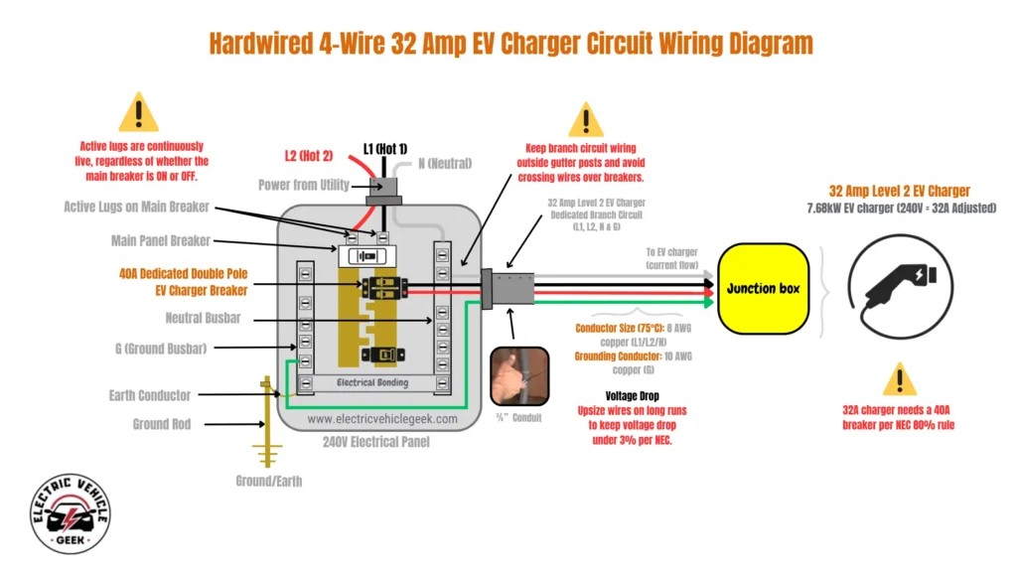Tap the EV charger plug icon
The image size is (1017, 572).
click(x=899, y=286)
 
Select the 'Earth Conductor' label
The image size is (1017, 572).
click(x=150, y=395)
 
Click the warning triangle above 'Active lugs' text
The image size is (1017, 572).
click(x=138, y=112)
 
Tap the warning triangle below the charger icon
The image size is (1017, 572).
click(x=900, y=378)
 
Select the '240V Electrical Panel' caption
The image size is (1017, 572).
click(x=375, y=442)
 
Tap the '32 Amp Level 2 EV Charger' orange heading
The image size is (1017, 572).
click(x=900, y=191)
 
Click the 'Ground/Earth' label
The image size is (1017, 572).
click(x=268, y=482)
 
